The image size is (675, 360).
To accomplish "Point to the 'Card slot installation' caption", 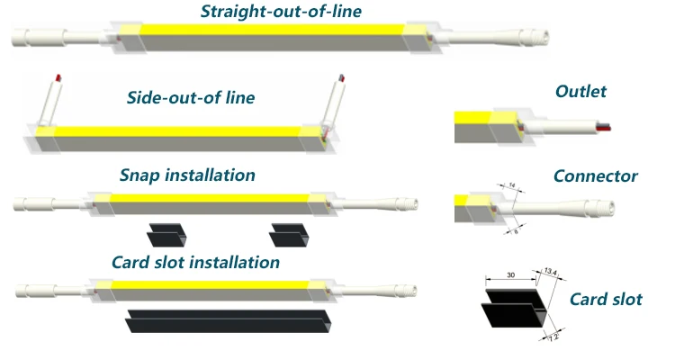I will (195, 263).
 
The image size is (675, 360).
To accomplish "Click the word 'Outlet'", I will (581, 91).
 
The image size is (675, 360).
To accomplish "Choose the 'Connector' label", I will (596, 175).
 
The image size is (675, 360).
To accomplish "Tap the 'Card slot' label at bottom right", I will (607, 299).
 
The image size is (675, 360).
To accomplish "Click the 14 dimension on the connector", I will (512, 186).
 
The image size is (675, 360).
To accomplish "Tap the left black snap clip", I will (166, 234).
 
